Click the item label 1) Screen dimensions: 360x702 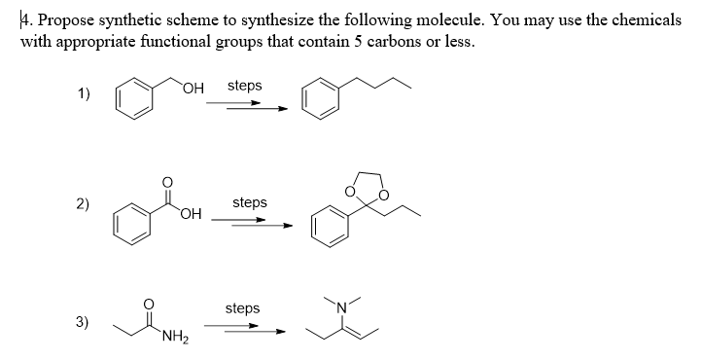[85, 94]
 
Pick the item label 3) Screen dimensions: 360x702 [86, 322]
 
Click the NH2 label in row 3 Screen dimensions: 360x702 [176, 339]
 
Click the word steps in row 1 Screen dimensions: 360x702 [244, 86]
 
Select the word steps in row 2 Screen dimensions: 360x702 [250, 202]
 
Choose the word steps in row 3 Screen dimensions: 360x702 [242, 307]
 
